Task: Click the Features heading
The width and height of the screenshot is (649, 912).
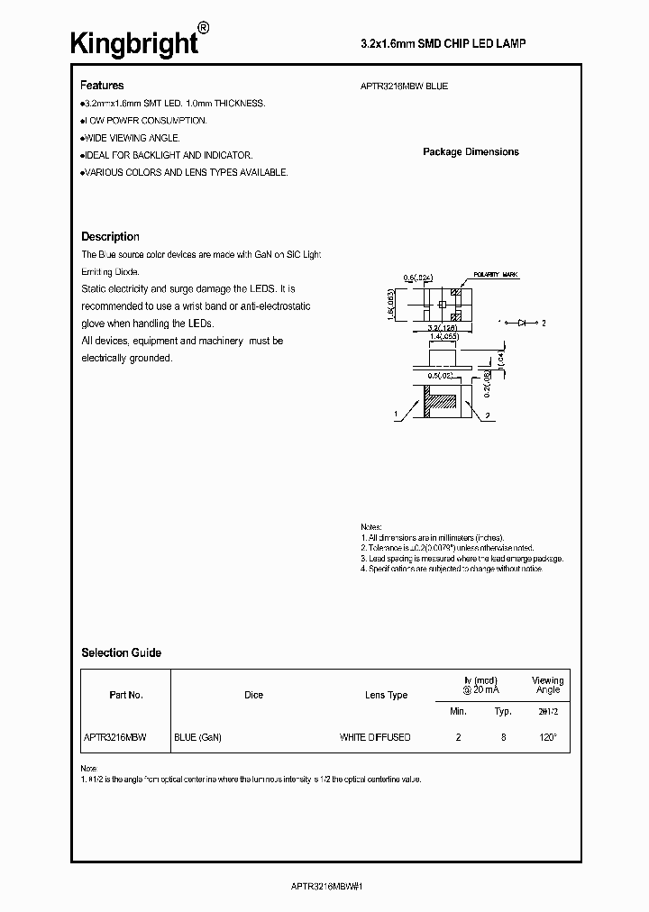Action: click(102, 86)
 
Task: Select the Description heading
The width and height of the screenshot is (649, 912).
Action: click(110, 237)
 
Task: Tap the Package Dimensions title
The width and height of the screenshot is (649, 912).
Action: click(471, 152)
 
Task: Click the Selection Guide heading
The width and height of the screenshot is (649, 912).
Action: click(121, 652)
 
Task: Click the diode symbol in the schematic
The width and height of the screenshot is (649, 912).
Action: click(523, 322)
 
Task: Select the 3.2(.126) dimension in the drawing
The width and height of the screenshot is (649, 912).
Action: click(441, 327)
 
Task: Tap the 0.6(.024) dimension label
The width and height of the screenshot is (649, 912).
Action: click(419, 277)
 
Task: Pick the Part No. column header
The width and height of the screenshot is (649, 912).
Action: click(125, 695)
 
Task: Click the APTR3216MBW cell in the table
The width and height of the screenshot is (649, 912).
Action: click(115, 737)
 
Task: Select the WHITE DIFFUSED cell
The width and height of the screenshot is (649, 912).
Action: click(375, 737)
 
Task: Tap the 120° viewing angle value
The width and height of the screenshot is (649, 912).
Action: click(548, 737)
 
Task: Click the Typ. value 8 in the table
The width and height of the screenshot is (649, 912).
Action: click(503, 737)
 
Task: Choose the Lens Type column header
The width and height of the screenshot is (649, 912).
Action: click(386, 695)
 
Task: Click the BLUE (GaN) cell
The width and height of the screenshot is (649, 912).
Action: click(197, 737)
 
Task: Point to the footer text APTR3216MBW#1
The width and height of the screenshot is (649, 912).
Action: click(324, 887)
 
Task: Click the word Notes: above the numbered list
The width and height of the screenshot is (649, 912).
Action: click(371, 527)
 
